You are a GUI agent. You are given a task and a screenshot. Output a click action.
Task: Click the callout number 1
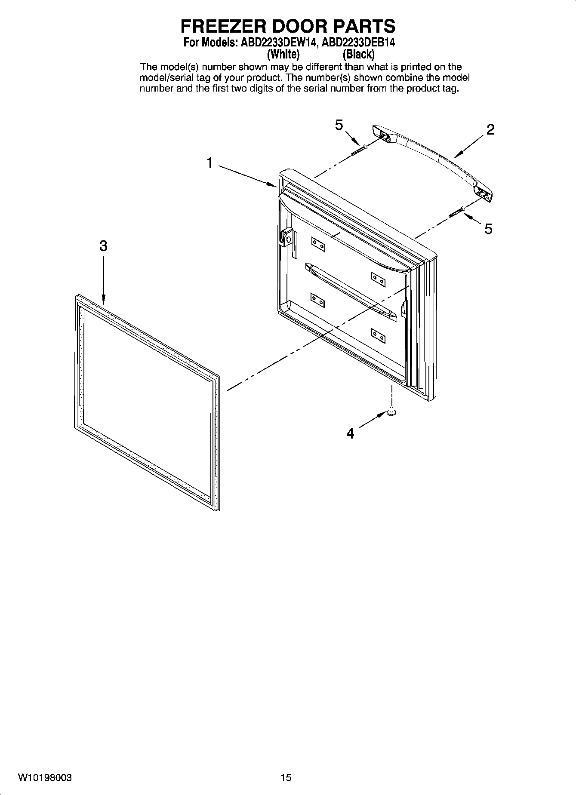[209, 163]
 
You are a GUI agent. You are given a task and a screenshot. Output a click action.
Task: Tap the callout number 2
[490, 129]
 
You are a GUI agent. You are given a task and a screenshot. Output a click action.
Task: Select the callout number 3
[103, 246]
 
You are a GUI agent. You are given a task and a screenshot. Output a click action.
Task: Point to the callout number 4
[351, 433]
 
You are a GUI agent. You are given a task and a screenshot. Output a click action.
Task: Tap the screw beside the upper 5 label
[359, 150]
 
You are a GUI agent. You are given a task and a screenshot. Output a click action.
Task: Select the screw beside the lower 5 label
[456, 212]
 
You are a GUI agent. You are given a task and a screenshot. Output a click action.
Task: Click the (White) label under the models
[283, 55]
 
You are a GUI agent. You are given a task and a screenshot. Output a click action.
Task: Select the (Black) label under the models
[358, 55]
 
